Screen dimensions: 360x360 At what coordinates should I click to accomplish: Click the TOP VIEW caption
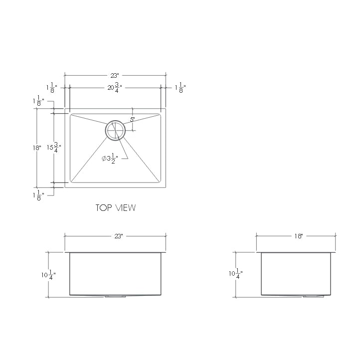pos(115,207)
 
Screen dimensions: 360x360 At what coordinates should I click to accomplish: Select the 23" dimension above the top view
pos(115,76)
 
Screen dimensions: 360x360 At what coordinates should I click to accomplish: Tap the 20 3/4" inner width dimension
pos(114,88)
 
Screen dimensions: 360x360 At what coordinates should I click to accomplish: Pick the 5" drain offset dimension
pos(133,120)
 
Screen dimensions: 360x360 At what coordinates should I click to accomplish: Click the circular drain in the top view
pos(115,130)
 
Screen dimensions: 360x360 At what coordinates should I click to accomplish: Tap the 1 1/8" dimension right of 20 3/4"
pos(180,88)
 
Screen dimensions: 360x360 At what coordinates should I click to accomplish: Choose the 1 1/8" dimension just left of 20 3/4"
pos(52,88)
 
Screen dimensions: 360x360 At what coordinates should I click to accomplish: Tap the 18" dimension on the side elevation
pos(298,236)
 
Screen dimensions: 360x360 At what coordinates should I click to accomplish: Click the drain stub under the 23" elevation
pos(115,297)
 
